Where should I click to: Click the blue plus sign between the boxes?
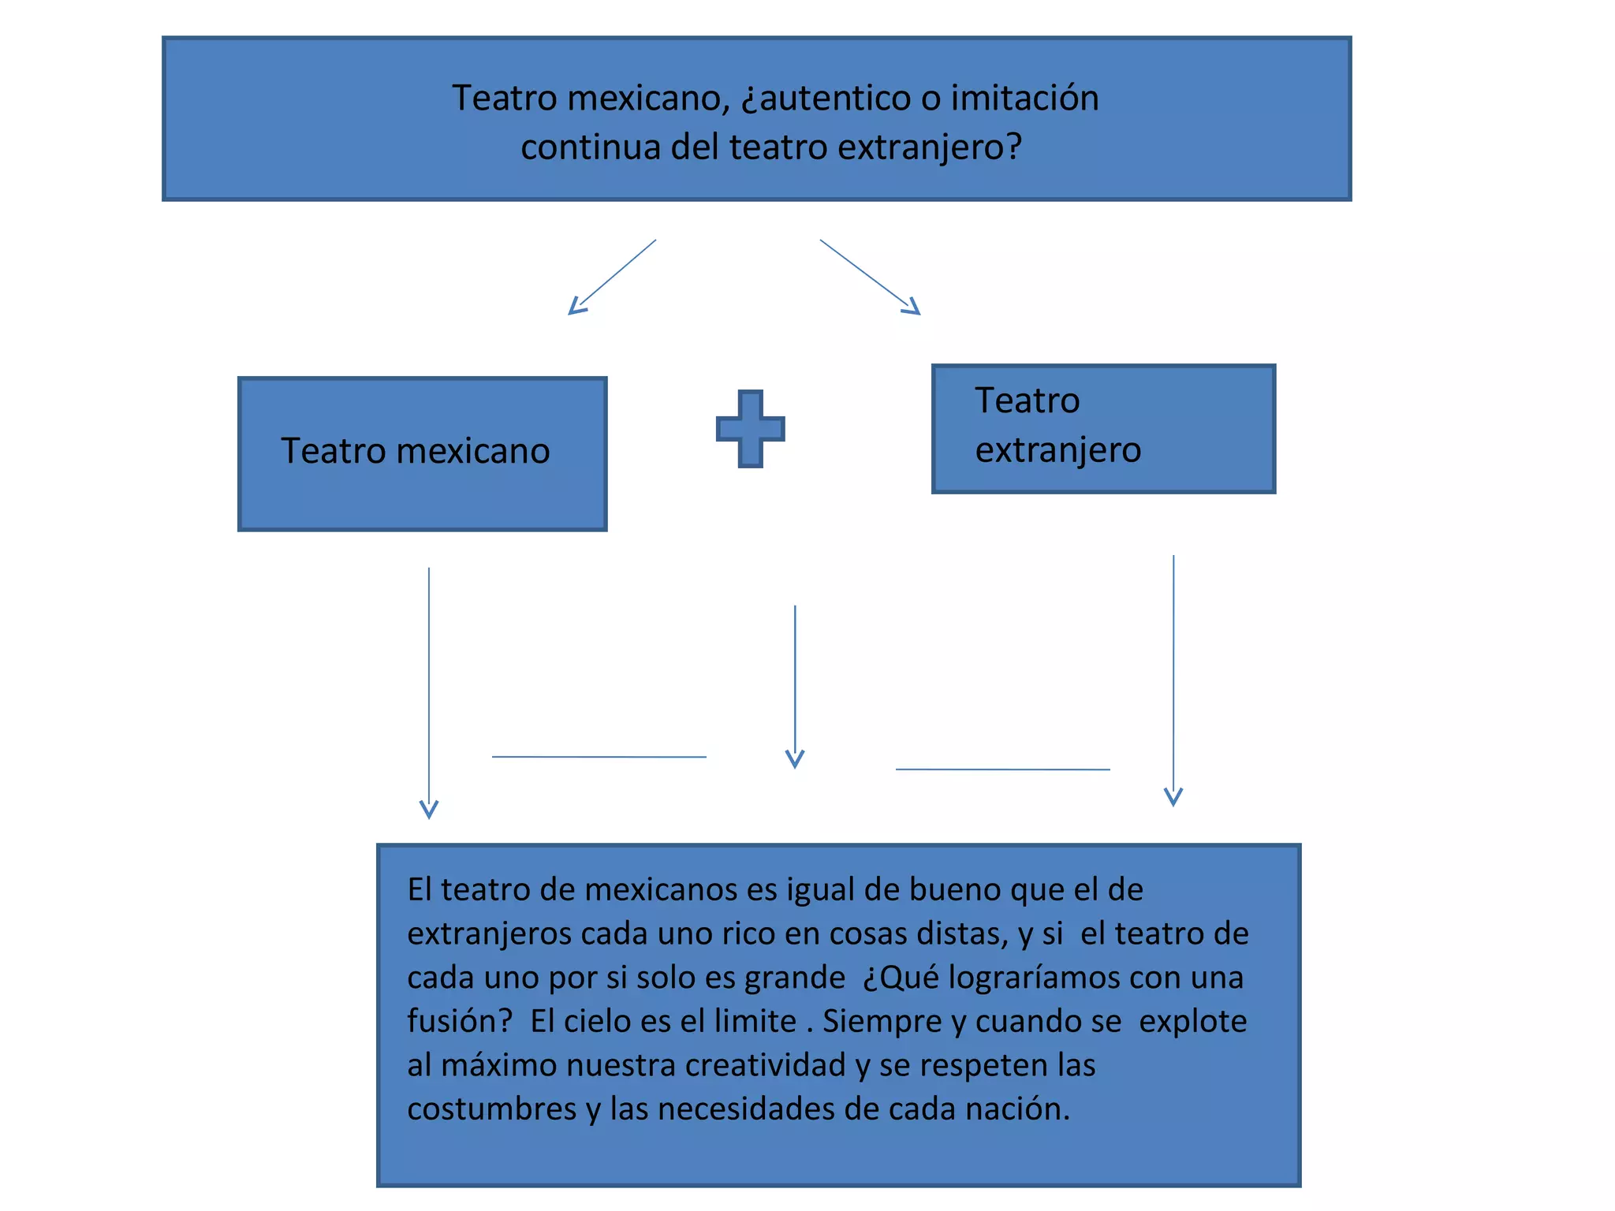750,429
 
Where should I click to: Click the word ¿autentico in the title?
819,99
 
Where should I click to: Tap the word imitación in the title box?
1024,99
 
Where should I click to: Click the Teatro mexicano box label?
416,452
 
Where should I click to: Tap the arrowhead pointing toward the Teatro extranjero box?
913,307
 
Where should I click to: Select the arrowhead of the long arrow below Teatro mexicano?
429,810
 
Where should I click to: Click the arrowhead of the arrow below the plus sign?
795,760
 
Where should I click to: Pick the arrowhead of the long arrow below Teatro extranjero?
1173,798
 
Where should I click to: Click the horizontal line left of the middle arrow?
599,757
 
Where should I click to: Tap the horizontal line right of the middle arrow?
1002,769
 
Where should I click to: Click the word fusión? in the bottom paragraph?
460,1022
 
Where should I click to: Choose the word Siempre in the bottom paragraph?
882,1022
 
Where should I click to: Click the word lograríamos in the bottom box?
1033,978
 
